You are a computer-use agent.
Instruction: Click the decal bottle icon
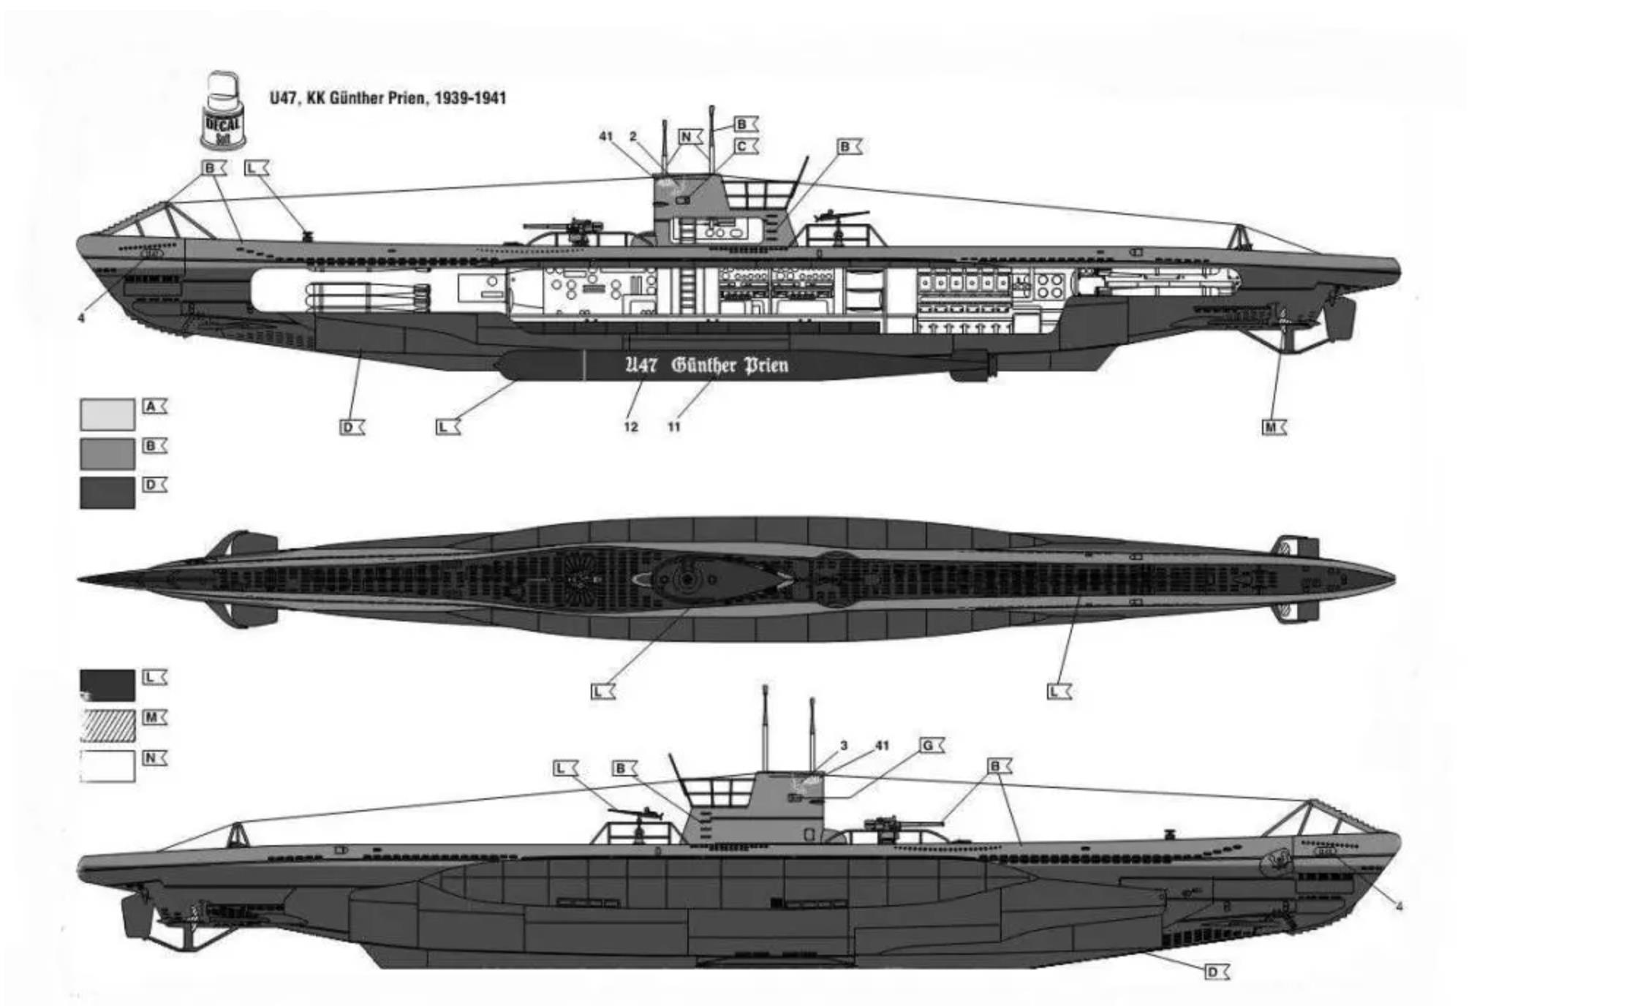pyautogui.click(x=224, y=111)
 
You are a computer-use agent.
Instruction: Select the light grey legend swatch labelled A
pyautogui.click(x=107, y=415)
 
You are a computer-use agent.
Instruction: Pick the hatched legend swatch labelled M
pyautogui.click(x=107, y=725)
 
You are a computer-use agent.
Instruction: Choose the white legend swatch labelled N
pyautogui.click(x=107, y=765)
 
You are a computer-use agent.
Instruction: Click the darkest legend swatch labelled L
pyautogui.click(x=107, y=685)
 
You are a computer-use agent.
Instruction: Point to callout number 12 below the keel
pyautogui.click(x=631, y=427)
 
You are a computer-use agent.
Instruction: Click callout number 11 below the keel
pyautogui.click(x=674, y=427)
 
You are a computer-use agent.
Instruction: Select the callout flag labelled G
pyautogui.click(x=931, y=746)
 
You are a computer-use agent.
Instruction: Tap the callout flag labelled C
pyautogui.click(x=744, y=146)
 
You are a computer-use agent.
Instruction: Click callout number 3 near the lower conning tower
pyautogui.click(x=844, y=746)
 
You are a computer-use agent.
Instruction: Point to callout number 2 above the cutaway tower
pyautogui.click(x=633, y=137)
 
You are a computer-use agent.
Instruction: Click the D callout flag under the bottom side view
pyautogui.click(x=1216, y=972)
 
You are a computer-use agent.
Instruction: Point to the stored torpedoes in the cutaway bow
pyautogui.click(x=366, y=296)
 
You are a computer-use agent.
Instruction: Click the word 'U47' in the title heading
pyautogui.click(x=282, y=98)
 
